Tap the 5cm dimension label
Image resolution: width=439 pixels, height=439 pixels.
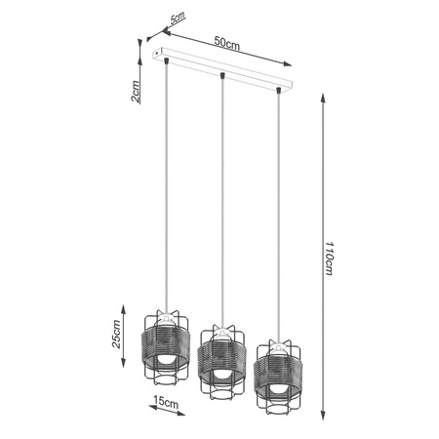177,19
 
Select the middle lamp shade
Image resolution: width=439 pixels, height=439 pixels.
221,357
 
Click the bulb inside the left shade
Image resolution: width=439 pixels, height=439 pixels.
167,357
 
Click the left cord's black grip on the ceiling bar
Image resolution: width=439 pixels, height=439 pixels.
169,60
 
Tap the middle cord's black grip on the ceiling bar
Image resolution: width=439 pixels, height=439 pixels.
224,75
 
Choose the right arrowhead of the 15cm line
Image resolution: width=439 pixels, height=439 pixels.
192,407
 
